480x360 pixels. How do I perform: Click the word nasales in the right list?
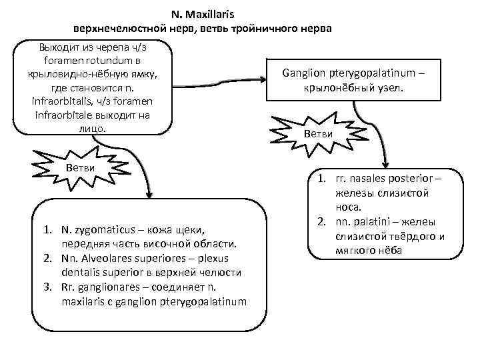tap(363, 179)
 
